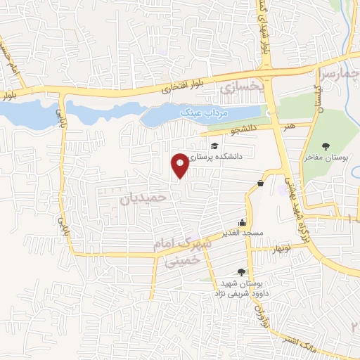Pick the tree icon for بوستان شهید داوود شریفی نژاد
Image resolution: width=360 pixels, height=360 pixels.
point(242,272)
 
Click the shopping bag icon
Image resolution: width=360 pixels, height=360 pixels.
point(261,183)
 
